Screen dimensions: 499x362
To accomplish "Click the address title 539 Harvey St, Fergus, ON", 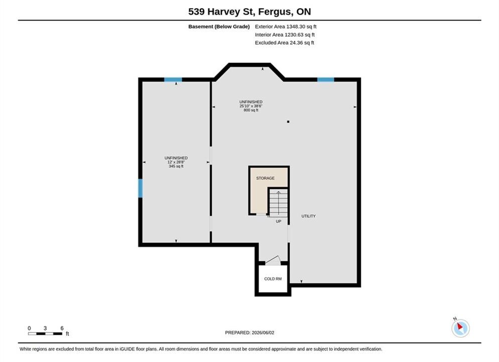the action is [x=249, y=12].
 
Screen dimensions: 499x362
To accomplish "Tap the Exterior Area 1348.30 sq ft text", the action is [x=286, y=27].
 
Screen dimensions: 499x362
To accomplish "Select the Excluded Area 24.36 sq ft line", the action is [x=284, y=43].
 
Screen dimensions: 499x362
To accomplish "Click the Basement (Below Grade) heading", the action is [x=219, y=27].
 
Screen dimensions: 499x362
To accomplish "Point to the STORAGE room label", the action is [x=266, y=178].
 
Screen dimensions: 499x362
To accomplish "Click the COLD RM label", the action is [x=273, y=279].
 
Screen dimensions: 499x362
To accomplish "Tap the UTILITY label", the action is [x=308, y=216].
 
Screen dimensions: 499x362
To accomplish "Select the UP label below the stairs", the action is [x=279, y=221].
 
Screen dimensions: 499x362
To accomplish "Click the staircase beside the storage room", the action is [x=279, y=203].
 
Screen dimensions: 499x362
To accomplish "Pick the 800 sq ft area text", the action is [x=251, y=110].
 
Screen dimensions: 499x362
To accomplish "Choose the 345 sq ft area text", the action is [x=176, y=166].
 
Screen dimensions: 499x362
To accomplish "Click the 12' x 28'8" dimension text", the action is [x=176, y=162].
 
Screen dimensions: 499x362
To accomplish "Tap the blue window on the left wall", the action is [x=140, y=189].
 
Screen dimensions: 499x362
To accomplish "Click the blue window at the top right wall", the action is [x=326, y=79].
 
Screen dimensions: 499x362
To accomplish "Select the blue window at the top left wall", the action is [x=173, y=79].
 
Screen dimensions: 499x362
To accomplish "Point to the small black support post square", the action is [x=288, y=122].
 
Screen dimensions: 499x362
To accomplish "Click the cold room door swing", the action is [x=273, y=260].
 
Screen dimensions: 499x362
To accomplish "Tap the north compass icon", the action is [x=460, y=328].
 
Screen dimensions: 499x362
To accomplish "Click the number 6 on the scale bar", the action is [x=62, y=328].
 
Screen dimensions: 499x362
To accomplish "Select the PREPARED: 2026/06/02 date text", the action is [x=249, y=333].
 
